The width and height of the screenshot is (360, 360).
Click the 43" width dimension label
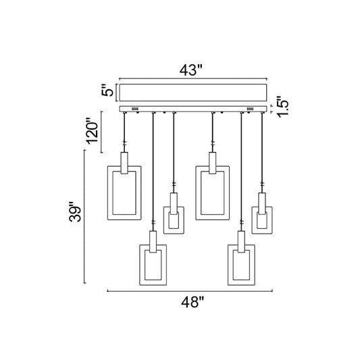pyautogui.click(x=190, y=70)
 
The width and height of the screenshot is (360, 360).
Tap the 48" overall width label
pyautogui.click(x=192, y=302)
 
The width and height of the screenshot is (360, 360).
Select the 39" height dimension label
pyautogui.click(x=75, y=211)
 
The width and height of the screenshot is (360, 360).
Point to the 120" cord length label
pyautogui.click(x=92, y=131)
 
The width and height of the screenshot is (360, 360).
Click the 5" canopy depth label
pyautogui.click(x=107, y=91)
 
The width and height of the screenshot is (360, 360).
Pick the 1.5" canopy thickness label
pyautogui.click(x=282, y=107)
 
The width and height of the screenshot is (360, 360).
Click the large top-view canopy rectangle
pyautogui.click(x=193, y=93)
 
